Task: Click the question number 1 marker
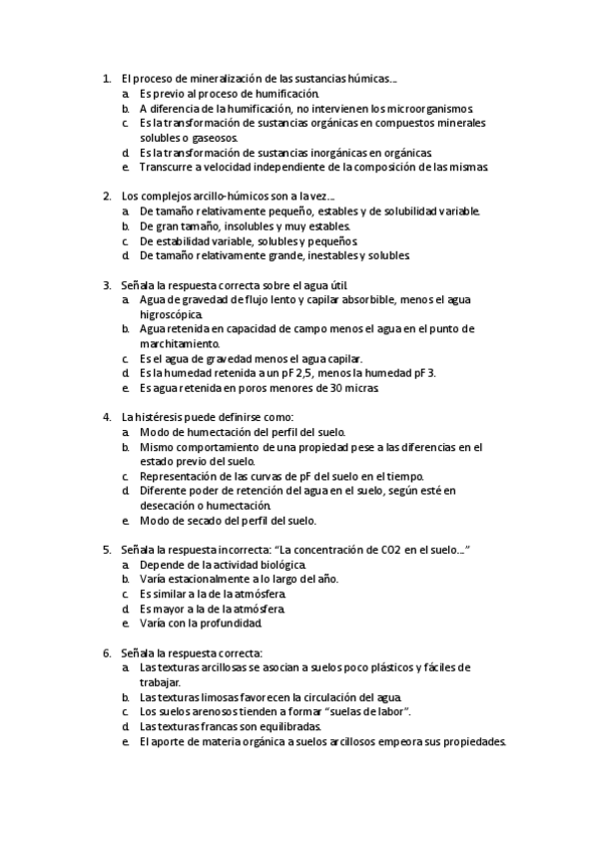pos(106,77)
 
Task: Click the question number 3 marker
pos(106,284)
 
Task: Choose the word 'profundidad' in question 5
pos(230,624)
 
